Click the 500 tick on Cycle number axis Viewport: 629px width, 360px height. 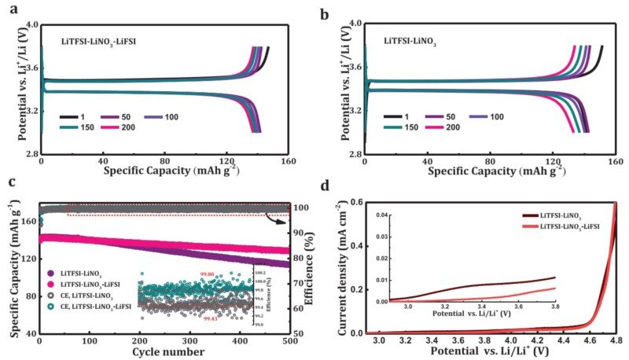tap(290, 343)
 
